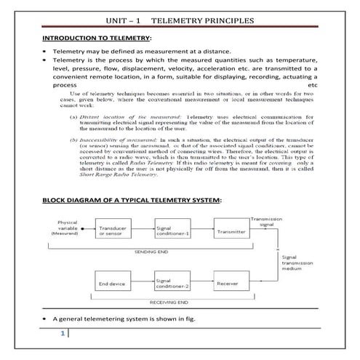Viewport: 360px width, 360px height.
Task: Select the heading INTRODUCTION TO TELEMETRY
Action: pyautogui.click(x=97, y=37)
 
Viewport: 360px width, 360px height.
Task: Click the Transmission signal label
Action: pyautogui.click(x=267, y=221)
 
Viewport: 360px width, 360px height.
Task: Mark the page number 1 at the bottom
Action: pyautogui.click(x=63, y=334)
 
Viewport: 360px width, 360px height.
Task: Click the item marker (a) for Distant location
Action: pyautogui.click(x=73, y=116)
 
